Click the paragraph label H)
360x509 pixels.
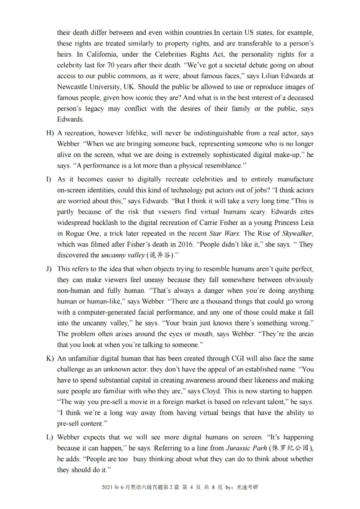(x=50, y=134)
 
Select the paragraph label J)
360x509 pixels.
(x=50, y=269)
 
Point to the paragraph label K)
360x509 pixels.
(x=50, y=359)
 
